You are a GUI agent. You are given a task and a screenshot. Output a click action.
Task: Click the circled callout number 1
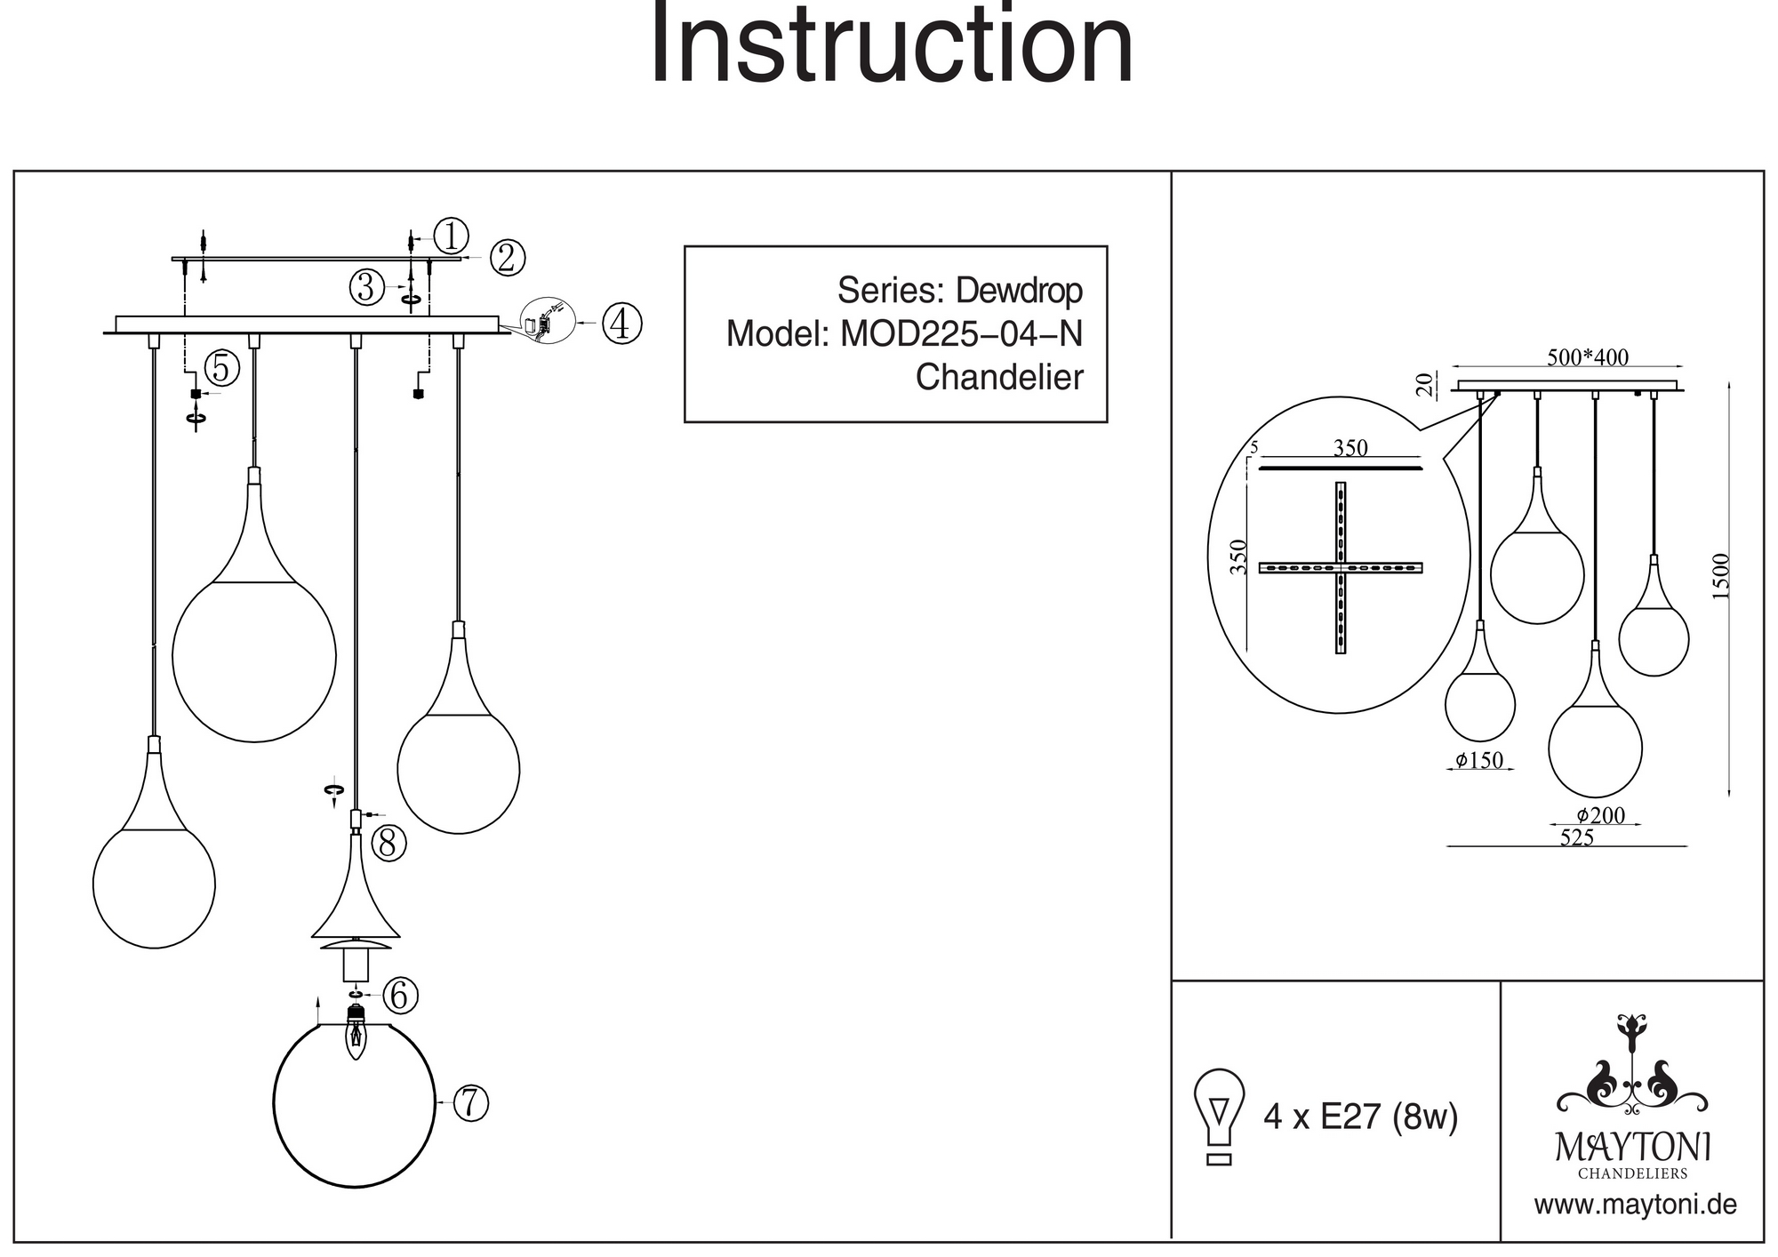(x=452, y=236)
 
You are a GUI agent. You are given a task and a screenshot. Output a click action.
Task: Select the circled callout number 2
(x=507, y=258)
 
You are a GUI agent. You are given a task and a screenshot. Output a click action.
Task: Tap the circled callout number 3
(x=365, y=287)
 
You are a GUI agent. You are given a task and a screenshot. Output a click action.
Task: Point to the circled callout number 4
(x=621, y=324)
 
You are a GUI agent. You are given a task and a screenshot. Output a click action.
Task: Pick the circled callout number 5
(x=221, y=368)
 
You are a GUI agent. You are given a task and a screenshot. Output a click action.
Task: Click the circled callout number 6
(x=400, y=995)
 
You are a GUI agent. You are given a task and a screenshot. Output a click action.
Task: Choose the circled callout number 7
(x=471, y=1103)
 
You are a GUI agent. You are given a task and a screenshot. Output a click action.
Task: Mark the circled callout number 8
(x=388, y=843)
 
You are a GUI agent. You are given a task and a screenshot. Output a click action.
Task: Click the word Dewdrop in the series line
(x=1019, y=291)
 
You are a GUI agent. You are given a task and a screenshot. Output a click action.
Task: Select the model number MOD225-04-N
(x=961, y=334)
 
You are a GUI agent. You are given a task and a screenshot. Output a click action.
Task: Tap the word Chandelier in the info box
(x=999, y=378)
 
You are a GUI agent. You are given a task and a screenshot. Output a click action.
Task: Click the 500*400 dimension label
(x=1588, y=357)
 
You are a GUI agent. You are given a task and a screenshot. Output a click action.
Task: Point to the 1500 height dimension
(x=1721, y=576)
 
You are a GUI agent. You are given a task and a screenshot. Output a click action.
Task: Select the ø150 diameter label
(x=1479, y=760)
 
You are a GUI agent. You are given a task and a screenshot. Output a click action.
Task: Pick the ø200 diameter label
(x=1600, y=815)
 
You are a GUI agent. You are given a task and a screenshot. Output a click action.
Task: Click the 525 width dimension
(x=1577, y=837)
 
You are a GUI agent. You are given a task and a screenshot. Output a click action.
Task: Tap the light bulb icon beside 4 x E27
(x=1220, y=1115)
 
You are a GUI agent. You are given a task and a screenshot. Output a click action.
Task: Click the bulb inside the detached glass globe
(x=356, y=1035)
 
